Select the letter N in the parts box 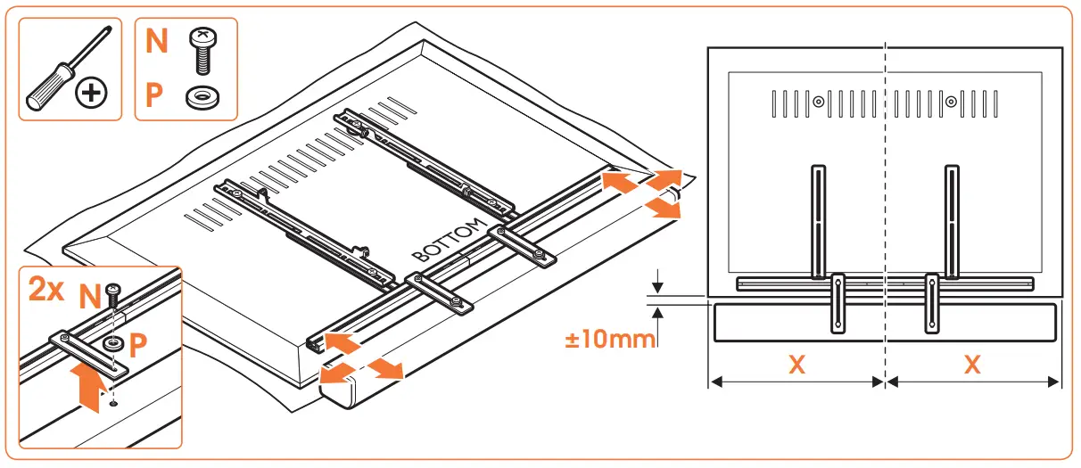point(157,42)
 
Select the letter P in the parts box point(155,94)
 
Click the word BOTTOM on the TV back point(451,239)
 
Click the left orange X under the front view point(796,365)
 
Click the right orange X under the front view point(972,365)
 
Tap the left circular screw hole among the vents point(817,102)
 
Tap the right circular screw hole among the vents point(952,102)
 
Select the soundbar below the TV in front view point(981,323)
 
